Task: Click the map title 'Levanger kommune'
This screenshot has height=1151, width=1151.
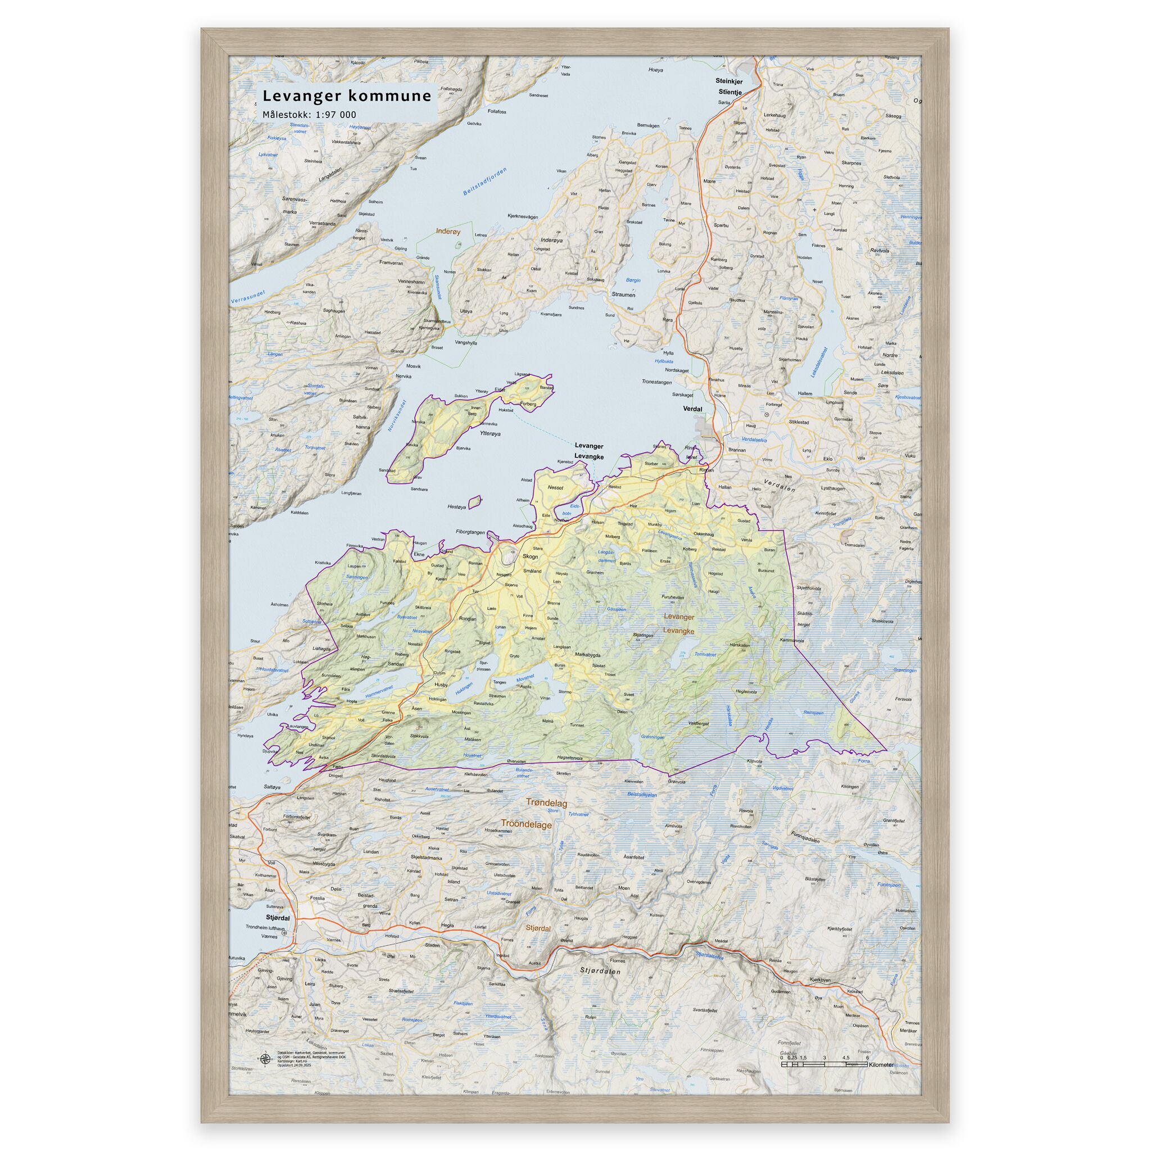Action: pyautogui.click(x=347, y=96)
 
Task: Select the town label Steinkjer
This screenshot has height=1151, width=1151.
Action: pyautogui.click(x=729, y=81)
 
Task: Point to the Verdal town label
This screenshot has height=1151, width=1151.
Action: pyautogui.click(x=693, y=409)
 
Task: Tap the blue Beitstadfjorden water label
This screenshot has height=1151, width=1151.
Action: pyautogui.click(x=485, y=181)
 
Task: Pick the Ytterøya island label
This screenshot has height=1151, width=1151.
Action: pyautogui.click(x=486, y=434)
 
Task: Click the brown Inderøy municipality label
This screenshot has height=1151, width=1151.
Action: pyautogui.click(x=448, y=231)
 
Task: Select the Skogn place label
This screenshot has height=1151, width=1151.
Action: pyautogui.click(x=529, y=556)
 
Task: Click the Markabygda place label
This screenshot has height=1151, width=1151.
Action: pyautogui.click(x=587, y=655)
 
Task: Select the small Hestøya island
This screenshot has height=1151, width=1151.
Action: pyautogui.click(x=475, y=503)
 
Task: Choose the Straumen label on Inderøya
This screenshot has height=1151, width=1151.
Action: pyautogui.click(x=623, y=294)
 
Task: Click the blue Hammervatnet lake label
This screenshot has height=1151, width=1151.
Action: pyautogui.click(x=379, y=692)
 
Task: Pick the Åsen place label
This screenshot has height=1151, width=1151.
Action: pyautogui.click(x=416, y=708)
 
